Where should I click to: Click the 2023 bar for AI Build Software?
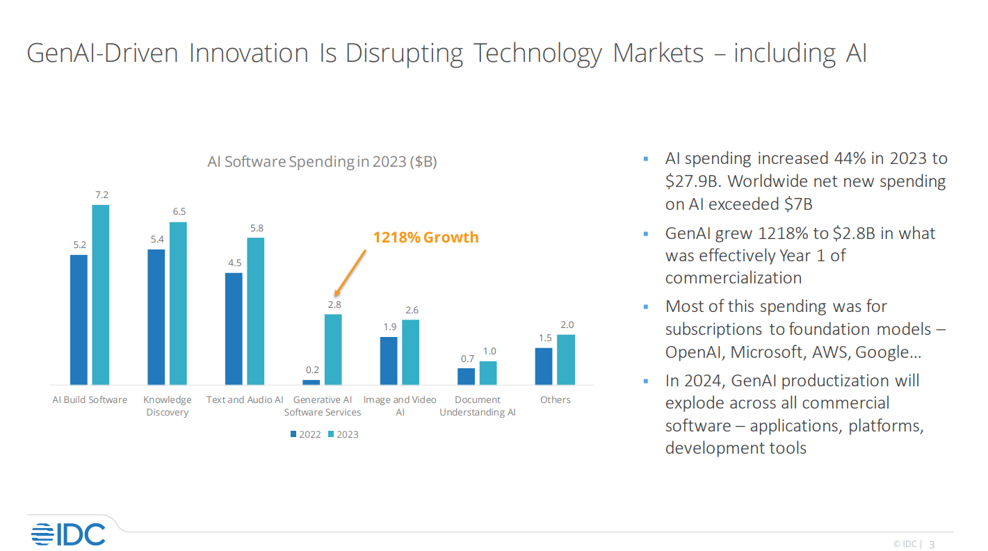point(101,295)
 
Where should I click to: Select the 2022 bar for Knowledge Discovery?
point(156,317)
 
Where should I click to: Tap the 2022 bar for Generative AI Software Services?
point(311,382)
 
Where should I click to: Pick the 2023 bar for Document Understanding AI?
point(488,373)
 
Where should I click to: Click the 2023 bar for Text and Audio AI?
point(256,311)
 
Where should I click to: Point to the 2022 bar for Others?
point(544,366)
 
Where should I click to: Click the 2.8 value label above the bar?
point(334,304)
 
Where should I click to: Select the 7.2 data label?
point(101,195)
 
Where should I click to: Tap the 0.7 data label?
point(467,359)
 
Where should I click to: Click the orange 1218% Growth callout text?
point(426,238)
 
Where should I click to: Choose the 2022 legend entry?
point(305,434)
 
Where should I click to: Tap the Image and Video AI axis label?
point(400,406)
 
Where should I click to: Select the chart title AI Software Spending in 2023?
point(322,162)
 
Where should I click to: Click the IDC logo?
point(68,534)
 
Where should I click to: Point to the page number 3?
point(932,544)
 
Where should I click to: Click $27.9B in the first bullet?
point(692,181)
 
